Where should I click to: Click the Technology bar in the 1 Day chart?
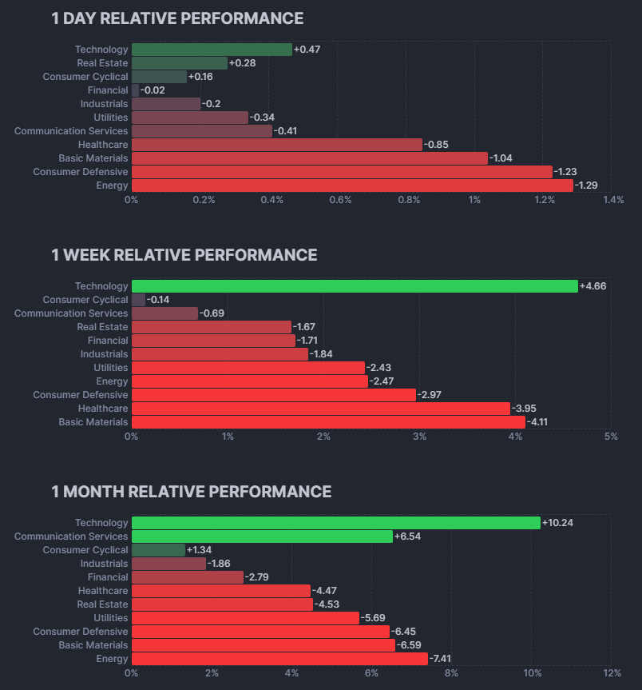[212, 50]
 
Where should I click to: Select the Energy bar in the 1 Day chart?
[352, 185]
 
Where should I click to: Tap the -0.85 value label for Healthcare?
[436, 145]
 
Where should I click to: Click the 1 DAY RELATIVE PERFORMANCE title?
[177, 18]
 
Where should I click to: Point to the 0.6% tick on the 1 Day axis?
[340, 200]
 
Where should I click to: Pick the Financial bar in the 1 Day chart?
[135, 90]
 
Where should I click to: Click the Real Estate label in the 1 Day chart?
[102, 63]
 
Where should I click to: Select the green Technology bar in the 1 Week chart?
[355, 286]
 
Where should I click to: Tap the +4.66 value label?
[592, 286]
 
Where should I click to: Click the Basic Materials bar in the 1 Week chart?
[329, 422]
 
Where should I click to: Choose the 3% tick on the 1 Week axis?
[420, 437]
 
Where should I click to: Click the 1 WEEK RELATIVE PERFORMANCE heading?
[184, 255]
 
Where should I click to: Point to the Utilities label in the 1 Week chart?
[111, 368]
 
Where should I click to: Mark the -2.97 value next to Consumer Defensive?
[430, 395]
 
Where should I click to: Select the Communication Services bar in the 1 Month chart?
[263, 536]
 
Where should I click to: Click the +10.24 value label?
[557, 523]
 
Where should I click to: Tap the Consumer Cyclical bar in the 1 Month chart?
[159, 550]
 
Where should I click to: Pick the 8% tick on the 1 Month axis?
[451, 673]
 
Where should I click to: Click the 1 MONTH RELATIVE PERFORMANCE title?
[191, 492]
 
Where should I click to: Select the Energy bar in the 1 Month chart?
[280, 659]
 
